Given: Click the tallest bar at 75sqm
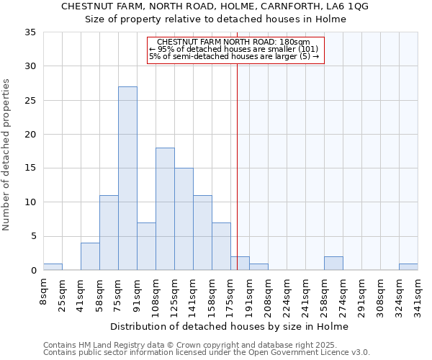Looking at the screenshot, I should [127, 179].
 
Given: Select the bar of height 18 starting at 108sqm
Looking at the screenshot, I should [165, 209].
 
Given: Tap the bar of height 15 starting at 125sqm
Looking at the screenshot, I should [184, 219].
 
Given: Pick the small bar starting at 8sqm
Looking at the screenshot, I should [53, 267].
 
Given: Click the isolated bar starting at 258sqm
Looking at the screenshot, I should [333, 264].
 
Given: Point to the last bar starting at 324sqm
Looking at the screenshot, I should [408, 267].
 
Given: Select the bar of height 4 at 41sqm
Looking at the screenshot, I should [90, 257].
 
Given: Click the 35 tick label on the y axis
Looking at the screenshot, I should [30, 32].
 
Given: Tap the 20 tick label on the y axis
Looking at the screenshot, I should [30, 135].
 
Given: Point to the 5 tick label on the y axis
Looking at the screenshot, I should [33, 237].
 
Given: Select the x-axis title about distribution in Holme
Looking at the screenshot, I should [230, 326].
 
